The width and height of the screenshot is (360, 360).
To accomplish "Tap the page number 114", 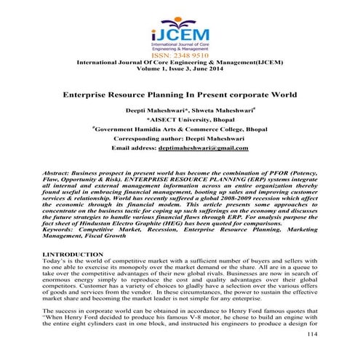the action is (313, 353).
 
